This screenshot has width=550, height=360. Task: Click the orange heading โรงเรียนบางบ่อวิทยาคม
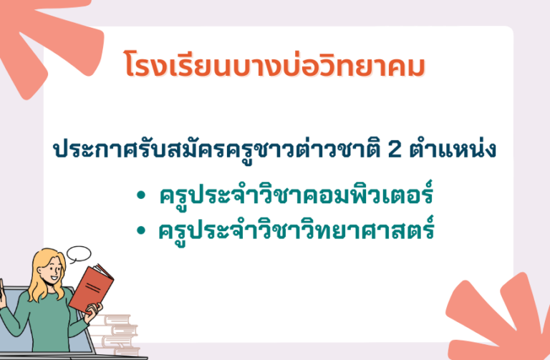coord(275,64)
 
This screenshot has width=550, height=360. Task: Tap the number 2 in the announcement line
coord(395,149)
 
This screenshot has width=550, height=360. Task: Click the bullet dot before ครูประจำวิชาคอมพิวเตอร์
coord(140,195)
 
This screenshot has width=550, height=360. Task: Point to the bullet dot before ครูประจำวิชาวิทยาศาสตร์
coord(140,230)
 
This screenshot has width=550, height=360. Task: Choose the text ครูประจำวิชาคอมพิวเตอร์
coord(296,194)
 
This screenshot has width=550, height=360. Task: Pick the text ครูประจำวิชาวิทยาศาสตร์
coord(296,229)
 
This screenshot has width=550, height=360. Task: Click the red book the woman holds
coord(91,289)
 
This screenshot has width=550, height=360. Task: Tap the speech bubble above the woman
coord(79,254)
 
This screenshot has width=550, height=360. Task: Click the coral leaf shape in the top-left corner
coord(49,39)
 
